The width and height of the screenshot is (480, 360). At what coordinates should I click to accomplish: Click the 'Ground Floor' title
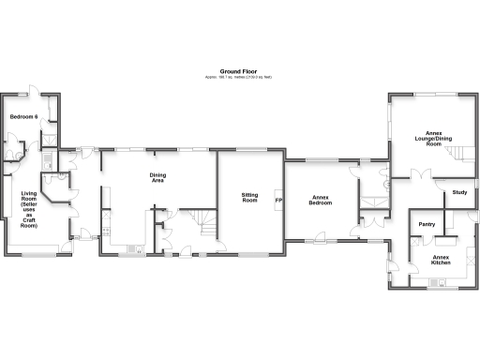coord(239,70)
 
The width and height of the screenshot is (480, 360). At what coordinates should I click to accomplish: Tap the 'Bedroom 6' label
coord(23,116)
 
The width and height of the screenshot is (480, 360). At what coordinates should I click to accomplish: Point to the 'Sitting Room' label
coord(249,197)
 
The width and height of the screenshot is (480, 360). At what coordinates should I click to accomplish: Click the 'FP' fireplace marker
coord(278,201)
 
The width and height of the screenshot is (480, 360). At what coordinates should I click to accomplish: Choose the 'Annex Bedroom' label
coord(322,200)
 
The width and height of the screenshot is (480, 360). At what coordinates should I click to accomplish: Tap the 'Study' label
coord(459,192)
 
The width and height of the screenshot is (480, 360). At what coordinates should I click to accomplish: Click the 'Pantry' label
coord(427,225)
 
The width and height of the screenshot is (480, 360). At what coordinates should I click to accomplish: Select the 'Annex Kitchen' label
coord(441,260)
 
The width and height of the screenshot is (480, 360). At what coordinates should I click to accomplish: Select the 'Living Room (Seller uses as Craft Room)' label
coord(29,210)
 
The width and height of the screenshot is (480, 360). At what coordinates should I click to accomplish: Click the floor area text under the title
coord(239,77)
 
